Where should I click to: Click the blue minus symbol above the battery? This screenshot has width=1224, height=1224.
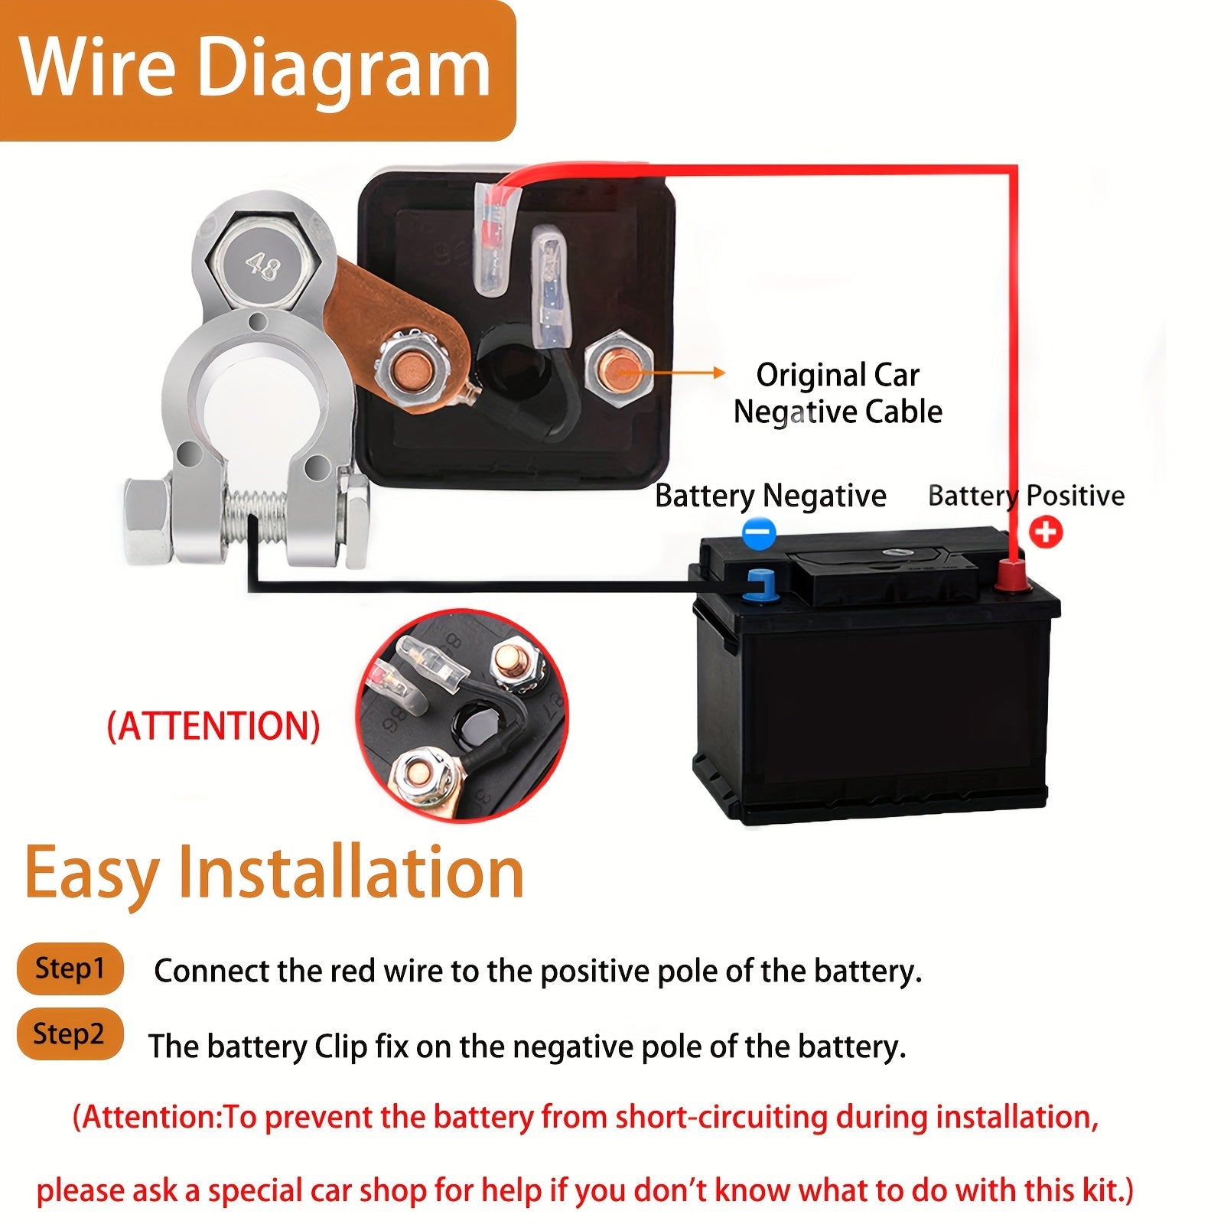click(759, 533)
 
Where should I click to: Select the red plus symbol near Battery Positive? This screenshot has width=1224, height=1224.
click(1046, 532)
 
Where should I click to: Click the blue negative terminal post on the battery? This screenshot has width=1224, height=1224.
click(760, 586)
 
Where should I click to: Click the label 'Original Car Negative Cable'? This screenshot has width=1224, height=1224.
click(838, 393)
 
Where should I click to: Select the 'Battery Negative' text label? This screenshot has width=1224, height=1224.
click(770, 496)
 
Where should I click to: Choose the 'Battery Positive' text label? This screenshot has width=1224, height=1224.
click(1026, 496)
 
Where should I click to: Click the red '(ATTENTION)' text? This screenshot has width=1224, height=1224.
click(213, 726)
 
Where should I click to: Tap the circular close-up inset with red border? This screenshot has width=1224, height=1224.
click(463, 715)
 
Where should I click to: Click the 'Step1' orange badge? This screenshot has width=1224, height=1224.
click(70, 968)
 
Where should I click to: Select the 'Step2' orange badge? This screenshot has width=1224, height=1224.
click(69, 1034)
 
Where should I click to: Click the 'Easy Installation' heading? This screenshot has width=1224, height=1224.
click(274, 872)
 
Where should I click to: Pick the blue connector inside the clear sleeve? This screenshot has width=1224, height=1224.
click(549, 295)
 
